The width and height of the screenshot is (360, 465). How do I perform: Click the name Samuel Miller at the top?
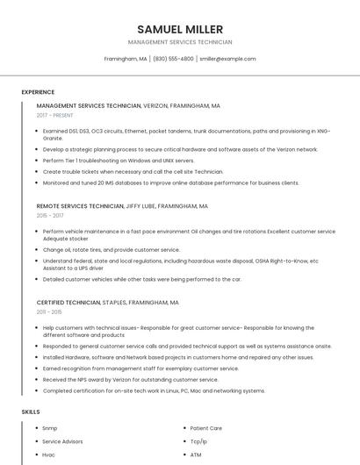180,29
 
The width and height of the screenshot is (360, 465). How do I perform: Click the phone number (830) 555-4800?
173,59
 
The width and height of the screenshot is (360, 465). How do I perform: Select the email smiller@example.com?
227,59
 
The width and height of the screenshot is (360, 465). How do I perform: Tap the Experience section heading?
38,92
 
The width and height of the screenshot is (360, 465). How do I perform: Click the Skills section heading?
31,411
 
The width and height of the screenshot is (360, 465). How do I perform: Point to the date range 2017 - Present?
55,115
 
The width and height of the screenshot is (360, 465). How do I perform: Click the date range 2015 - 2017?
50,215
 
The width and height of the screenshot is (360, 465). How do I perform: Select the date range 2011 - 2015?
49,311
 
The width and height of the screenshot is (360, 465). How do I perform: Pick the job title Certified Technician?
68,302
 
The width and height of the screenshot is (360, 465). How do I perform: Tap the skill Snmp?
50,428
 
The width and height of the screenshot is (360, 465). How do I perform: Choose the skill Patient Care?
206,428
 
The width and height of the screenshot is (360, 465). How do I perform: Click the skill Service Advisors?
63,441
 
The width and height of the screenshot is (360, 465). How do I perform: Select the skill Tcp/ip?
199,441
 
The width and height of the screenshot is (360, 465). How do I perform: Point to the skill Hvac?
49,455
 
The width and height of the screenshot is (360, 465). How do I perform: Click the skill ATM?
196,455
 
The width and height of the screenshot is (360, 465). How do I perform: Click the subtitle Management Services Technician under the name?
180,42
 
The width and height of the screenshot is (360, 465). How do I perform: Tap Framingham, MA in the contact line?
126,59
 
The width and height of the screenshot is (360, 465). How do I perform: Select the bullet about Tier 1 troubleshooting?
119,161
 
